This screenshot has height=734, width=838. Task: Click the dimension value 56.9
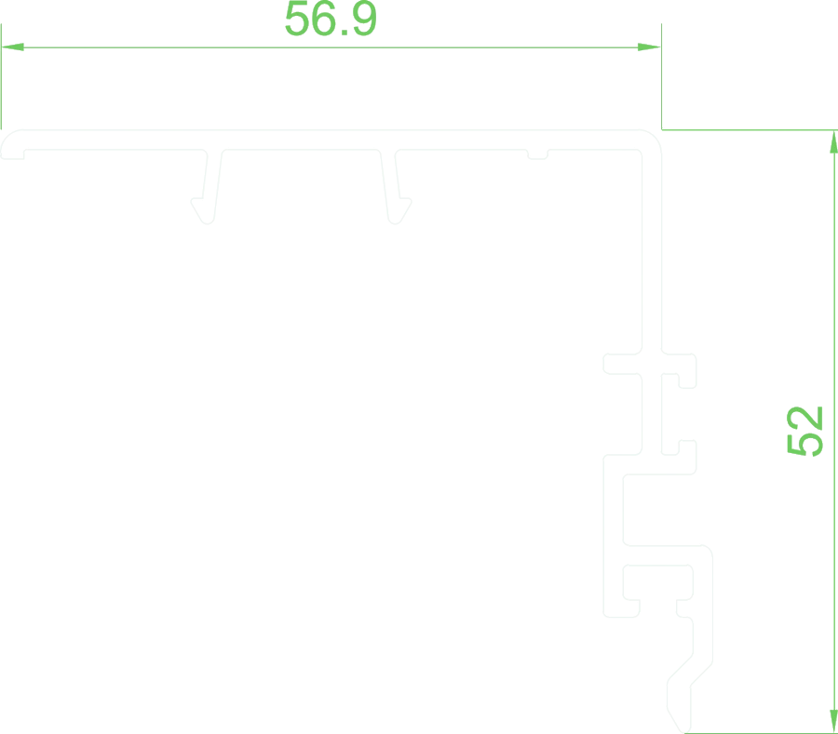(331, 19)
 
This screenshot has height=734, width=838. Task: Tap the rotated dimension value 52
(804, 432)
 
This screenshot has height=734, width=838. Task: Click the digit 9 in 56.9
(364, 19)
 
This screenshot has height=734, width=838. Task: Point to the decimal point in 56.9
(345, 33)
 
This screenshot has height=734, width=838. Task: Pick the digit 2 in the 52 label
(804, 418)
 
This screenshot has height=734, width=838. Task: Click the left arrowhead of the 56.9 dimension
(12, 47)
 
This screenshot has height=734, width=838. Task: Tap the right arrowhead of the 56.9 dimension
(649, 47)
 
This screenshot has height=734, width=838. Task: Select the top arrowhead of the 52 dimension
(833, 142)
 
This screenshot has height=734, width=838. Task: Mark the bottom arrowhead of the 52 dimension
(833, 721)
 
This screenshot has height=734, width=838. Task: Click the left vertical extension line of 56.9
(1, 76)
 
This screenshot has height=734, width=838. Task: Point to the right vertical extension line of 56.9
(662, 76)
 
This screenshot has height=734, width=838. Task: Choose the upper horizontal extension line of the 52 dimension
(750, 129)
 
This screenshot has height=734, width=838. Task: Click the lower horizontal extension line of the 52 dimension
(761, 733)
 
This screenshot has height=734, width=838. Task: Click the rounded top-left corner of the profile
(7, 137)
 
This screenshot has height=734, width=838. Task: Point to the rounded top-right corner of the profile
(655, 137)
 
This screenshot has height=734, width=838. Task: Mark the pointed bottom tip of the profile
(685, 731)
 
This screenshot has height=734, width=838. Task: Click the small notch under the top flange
(537, 155)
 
